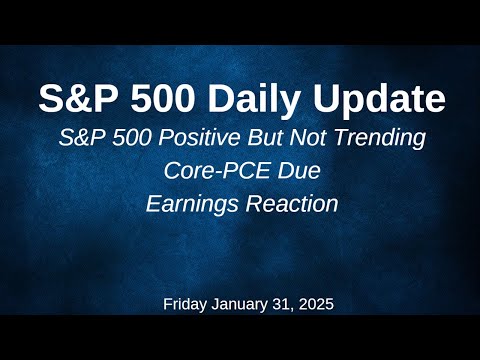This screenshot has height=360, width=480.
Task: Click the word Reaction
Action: [287, 204]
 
